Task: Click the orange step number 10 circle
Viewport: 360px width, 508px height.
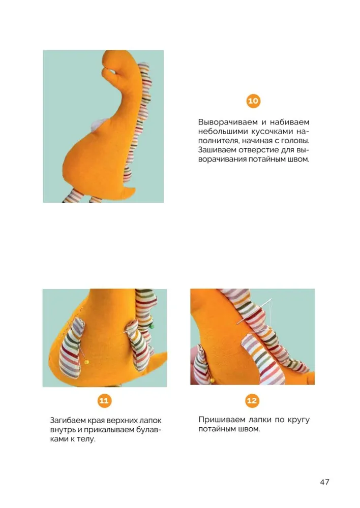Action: [253, 101]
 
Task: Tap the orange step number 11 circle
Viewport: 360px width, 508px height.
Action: [104, 401]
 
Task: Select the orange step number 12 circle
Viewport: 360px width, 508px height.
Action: [252, 401]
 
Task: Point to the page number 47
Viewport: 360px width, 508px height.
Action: [324, 482]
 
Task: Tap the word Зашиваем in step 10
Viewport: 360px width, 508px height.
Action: [217, 150]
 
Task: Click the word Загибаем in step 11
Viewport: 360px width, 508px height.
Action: [68, 421]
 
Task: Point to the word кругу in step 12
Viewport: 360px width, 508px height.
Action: [298, 420]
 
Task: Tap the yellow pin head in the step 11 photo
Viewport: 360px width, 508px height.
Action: [86, 362]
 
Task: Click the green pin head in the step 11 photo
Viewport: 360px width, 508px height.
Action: [151, 326]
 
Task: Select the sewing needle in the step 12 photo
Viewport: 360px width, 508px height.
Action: [254, 312]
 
